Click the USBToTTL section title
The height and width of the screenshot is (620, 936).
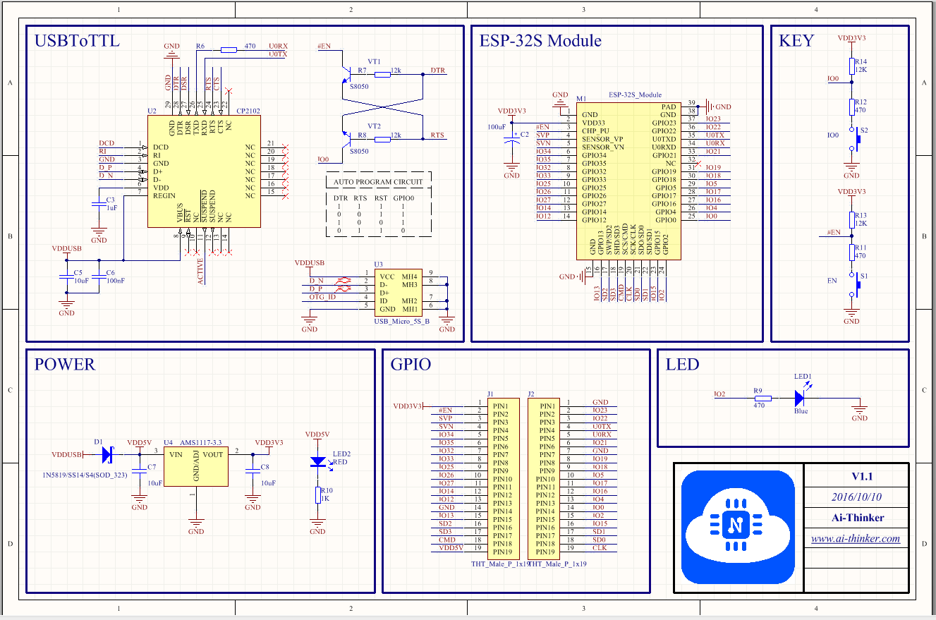(77, 41)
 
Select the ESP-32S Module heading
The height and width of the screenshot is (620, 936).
(540, 40)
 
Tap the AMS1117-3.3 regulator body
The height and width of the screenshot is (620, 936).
(196, 466)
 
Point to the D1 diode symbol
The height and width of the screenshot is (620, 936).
(107, 455)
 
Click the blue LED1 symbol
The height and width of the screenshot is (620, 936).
(800, 399)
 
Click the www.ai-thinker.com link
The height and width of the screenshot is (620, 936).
(855, 539)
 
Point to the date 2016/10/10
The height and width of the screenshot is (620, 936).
(856, 497)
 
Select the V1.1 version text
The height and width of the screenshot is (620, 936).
(856, 476)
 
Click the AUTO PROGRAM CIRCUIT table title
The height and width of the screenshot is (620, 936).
(378, 181)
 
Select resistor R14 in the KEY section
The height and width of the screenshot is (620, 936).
(852, 66)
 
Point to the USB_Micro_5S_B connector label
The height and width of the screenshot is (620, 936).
(402, 322)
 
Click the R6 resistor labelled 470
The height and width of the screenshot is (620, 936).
(229, 49)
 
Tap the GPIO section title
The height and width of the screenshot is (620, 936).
(411, 365)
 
